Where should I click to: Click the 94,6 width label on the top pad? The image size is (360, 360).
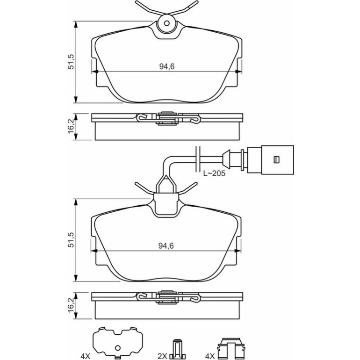167,66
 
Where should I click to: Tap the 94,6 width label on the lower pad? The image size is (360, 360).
166,246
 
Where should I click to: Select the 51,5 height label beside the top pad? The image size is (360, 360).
71,62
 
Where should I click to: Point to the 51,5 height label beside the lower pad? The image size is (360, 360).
71,240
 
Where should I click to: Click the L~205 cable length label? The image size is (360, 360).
214,173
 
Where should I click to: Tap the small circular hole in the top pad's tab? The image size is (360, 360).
167,23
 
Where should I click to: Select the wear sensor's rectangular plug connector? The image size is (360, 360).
270,159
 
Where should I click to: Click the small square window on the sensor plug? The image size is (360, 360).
276,159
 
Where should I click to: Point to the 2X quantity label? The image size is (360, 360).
162,356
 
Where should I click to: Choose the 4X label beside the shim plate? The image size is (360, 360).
86,356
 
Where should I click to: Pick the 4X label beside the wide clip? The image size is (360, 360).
210,356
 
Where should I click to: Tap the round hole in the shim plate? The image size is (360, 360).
117,348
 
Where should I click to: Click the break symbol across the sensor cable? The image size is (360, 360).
198,159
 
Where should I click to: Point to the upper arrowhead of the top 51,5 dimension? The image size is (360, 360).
76,24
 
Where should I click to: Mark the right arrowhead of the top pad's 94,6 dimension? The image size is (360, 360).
239,72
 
